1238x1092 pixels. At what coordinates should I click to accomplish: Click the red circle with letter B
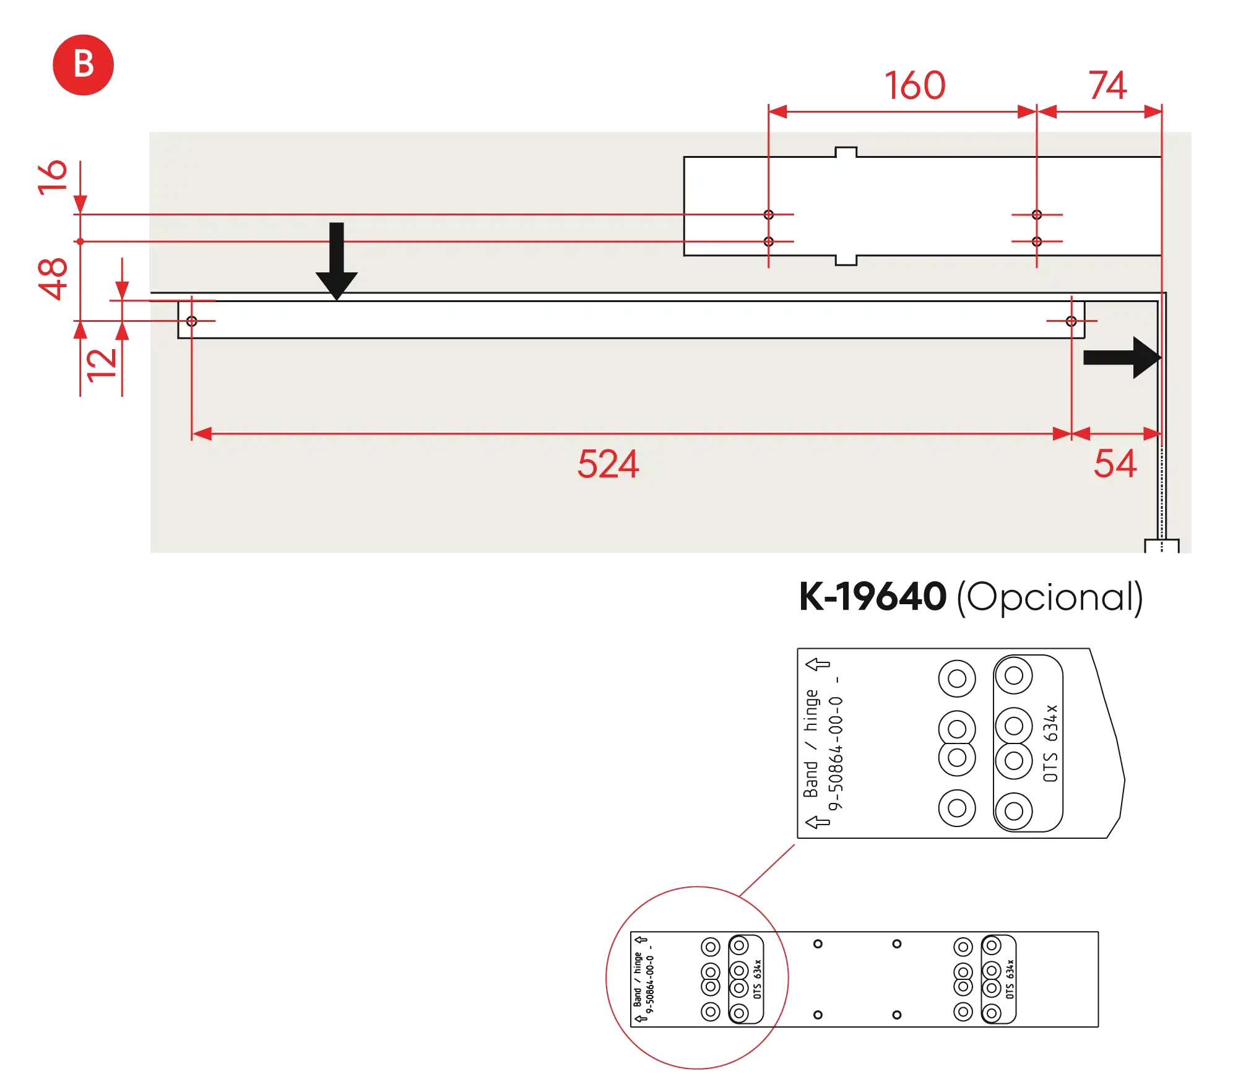pyautogui.click(x=83, y=65)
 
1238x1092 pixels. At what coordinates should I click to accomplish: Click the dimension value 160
pyautogui.click(x=915, y=85)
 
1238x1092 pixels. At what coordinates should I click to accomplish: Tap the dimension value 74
pyautogui.click(x=1107, y=85)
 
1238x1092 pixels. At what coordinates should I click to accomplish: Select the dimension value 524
pyautogui.click(x=608, y=464)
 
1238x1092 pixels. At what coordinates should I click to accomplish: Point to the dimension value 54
pyautogui.click(x=1115, y=464)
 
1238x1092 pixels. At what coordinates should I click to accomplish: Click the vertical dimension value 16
pyautogui.click(x=53, y=178)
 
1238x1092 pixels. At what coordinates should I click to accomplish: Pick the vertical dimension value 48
pyautogui.click(x=53, y=279)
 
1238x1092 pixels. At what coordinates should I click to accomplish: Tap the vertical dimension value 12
pyautogui.click(x=102, y=365)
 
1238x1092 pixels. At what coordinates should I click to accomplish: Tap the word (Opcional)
pyautogui.click(x=1050, y=598)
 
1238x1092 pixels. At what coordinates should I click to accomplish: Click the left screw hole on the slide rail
pyautogui.click(x=192, y=321)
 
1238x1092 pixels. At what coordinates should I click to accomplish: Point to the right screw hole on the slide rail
pyautogui.click(x=1071, y=321)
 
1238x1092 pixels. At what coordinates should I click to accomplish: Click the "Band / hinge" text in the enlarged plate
pyautogui.click(x=811, y=743)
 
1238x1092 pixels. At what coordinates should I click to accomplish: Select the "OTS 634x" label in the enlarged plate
pyautogui.click(x=1050, y=743)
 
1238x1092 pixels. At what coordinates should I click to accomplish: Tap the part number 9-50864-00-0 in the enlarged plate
pyautogui.click(x=836, y=753)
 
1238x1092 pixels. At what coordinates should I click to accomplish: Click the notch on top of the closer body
pyautogui.click(x=846, y=152)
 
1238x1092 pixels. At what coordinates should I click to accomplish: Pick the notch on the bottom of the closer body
pyautogui.click(x=846, y=260)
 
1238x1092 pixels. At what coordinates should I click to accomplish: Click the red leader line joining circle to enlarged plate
pyautogui.click(x=767, y=870)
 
